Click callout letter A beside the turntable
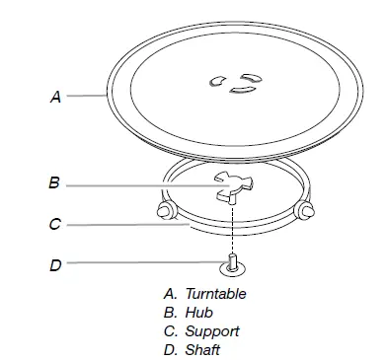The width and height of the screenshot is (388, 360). click(x=56, y=97)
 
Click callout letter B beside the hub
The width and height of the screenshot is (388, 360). click(x=55, y=181)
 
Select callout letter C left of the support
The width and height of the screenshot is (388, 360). click(x=55, y=225)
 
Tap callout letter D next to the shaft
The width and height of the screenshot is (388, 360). click(x=55, y=264)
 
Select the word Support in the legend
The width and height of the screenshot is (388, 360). click(x=207, y=331)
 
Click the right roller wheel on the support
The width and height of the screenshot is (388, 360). click(x=305, y=210)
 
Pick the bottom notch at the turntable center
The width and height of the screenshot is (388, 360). click(x=240, y=92)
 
